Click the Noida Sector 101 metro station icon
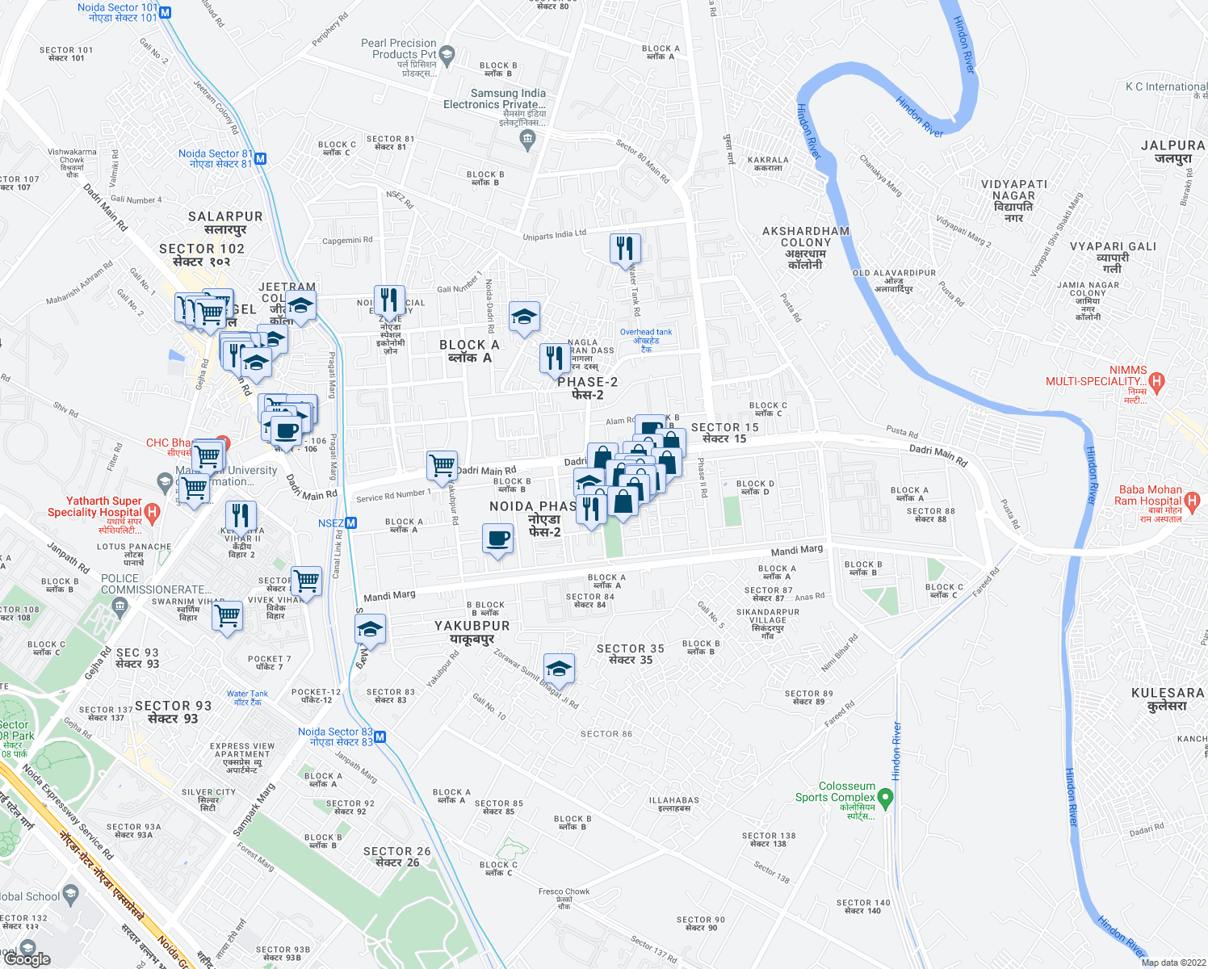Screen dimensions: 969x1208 pos(166,13)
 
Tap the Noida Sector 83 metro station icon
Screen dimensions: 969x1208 pos(380,737)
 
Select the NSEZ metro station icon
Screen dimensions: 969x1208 pos(351,523)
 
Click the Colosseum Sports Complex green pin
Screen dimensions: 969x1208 pos(886,799)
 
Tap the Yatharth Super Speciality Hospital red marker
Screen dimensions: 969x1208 pos(152,512)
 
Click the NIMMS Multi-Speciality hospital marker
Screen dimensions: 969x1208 pos(1156,381)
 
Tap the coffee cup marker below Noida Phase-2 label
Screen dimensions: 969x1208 pos(497,539)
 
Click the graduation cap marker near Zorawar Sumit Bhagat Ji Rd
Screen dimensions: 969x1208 pos(559,669)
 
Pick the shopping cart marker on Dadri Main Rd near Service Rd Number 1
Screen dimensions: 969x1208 pos(442,465)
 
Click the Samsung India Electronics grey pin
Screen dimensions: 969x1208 pos(528,140)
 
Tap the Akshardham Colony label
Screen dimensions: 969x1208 pos(806,247)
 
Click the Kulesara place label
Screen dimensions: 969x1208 pos(1168,699)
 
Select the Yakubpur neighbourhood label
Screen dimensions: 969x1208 pos(472,632)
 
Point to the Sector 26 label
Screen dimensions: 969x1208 pos(396,857)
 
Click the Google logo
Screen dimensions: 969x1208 pos(27,959)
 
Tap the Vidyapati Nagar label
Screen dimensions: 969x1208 pos(1013,200)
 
